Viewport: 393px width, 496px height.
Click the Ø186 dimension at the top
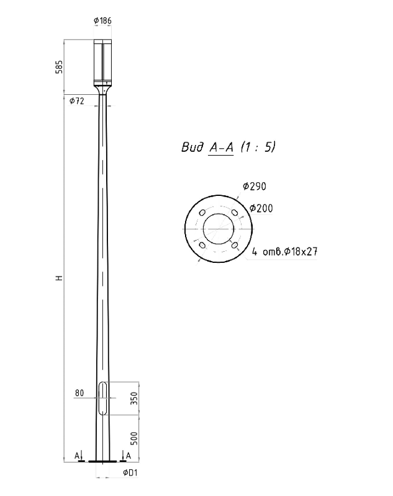102,21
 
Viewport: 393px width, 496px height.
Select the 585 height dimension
59,67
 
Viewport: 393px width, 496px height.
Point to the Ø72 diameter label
77,101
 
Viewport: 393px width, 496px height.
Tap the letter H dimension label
59,278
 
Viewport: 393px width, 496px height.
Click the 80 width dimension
79,393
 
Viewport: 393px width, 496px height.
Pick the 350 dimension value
134,398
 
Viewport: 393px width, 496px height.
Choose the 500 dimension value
134,438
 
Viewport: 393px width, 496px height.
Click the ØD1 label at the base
130,473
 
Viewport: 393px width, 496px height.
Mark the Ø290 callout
255,187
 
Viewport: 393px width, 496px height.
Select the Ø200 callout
261,208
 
